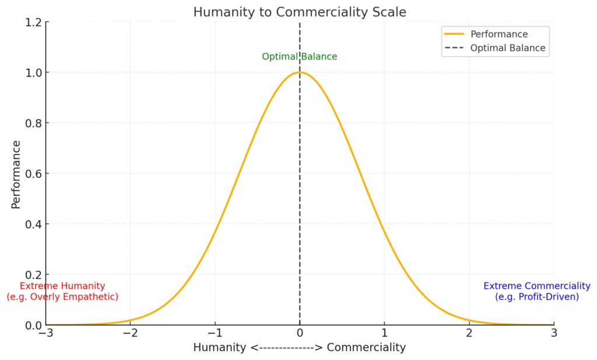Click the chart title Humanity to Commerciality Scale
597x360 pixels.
(x=300, y=12)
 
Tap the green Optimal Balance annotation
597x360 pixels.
(x=300, y=57)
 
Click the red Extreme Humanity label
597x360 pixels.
(x=62, y=286)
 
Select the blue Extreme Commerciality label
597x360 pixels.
(x=537, y=286)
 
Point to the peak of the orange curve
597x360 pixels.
(x=300, y=72)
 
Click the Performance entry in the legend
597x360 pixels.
(x=499, y=34)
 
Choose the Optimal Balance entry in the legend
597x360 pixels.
(x=508, y=48)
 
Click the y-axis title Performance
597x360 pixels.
(x=16, y=174)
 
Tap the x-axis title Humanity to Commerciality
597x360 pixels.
(x=300, y=347)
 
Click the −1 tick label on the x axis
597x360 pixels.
(x=215, y=334)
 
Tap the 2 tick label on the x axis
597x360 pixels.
(x=469, y=334)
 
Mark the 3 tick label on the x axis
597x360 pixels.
(x=554, y=334)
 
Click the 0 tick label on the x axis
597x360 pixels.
(x=300, y=334)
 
